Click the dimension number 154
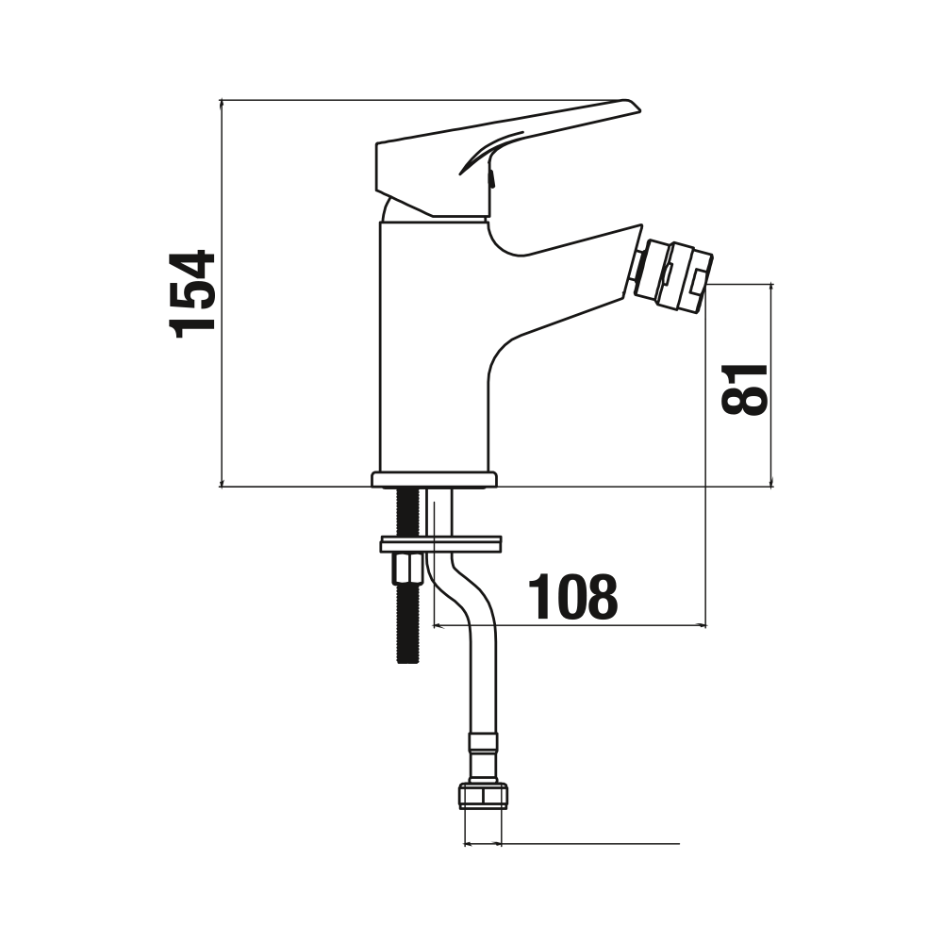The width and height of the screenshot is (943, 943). click(192, 294)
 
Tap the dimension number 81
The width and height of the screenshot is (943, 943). click(744, 389)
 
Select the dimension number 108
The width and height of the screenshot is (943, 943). click(572, 596)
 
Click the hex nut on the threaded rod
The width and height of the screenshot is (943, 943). click(408, 569)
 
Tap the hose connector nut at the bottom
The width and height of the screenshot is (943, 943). click(483, 796)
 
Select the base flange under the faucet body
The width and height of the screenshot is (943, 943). click(434, 479)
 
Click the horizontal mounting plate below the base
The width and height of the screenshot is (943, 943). click(440, 544)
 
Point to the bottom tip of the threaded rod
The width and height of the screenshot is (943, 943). click(408, 662)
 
